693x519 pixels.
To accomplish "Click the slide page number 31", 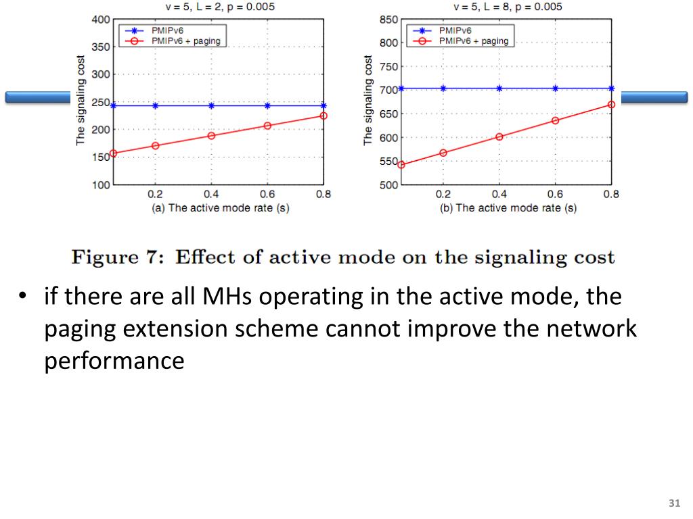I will coord(673,503).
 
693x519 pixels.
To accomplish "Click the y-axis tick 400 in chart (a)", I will coord(101,19).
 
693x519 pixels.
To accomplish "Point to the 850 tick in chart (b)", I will coord(388,19).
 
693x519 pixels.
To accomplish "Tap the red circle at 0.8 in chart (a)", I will coord(323,116).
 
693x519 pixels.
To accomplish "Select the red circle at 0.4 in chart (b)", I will coord(499,137).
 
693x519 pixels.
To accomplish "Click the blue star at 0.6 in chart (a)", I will coord(267,105).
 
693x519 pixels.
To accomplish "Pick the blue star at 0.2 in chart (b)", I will coord(443,88).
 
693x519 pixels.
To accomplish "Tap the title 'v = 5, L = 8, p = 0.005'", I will coord(508,7).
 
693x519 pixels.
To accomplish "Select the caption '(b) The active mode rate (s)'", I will coord(508,208).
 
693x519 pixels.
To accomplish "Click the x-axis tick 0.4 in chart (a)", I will coord(211,195).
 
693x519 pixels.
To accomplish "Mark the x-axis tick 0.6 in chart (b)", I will coord(555,195).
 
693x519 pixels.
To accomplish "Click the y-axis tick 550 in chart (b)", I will coord(388,161).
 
